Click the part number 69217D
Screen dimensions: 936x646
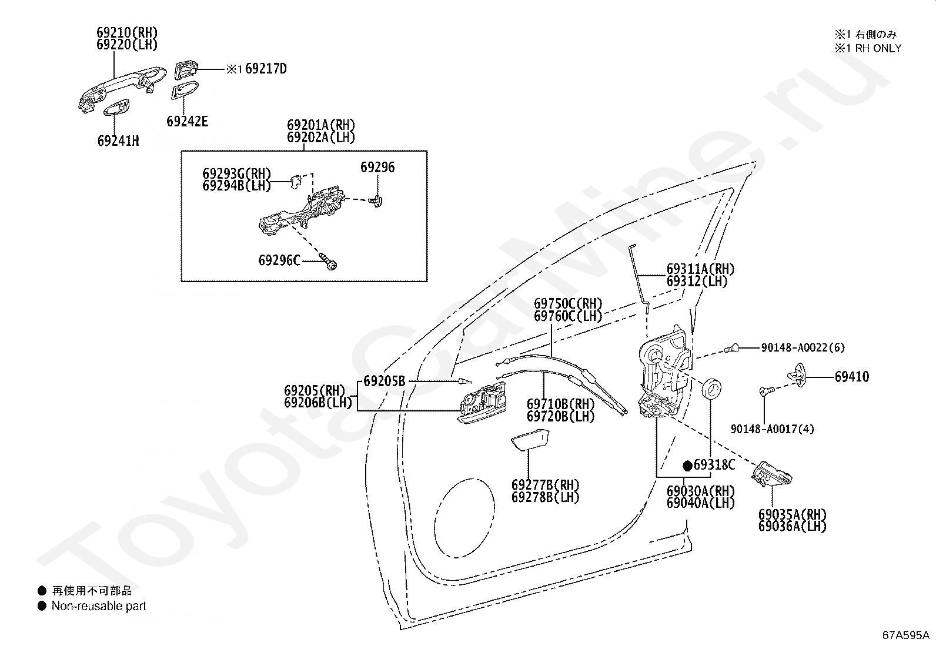[266, 69]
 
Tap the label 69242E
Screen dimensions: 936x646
[187, 122]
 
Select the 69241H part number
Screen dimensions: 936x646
[118, 141]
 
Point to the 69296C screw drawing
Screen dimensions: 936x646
[328, 261]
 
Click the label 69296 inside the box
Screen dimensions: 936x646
[377, 167]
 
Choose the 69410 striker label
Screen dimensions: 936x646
[851, 376]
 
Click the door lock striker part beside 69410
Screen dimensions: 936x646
[797, 374]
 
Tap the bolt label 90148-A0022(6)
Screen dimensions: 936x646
[803, 347]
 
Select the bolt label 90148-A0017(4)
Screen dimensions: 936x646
[772, 429]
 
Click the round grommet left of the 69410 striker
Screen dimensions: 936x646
[711, 389]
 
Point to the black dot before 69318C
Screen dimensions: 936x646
[687, 466]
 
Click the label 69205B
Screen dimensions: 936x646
[385, 381]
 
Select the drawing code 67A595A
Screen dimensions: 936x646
[905, 635]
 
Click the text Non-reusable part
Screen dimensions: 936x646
[99, 606]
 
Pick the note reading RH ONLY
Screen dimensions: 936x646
[878, 48]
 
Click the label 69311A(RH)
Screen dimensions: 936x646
[700, 269]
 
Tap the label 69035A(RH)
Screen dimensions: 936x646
[793, 514]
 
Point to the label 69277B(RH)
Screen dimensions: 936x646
[545, 485]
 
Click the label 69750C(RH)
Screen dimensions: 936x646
[568, 303]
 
